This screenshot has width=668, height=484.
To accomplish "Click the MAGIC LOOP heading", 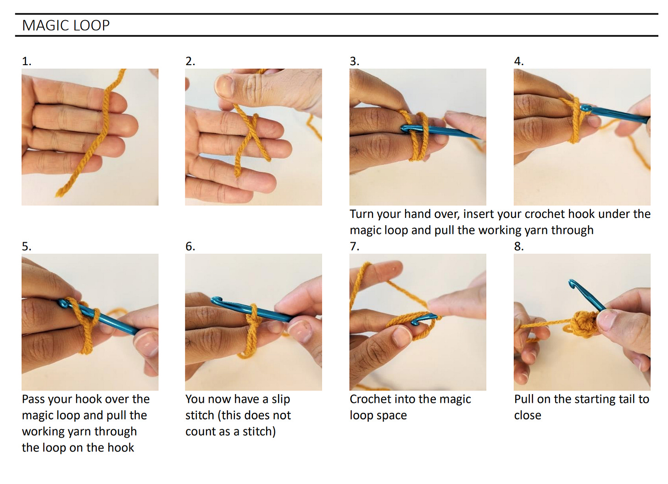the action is [x=66, y=25].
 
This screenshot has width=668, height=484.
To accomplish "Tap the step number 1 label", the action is [x=27, y=61].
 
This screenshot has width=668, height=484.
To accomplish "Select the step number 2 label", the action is [x=190, y=61].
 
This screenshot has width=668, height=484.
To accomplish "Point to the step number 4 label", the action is [x=519, y=61].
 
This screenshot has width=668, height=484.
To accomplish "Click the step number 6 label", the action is [x=190, y=247].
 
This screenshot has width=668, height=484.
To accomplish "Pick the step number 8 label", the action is [x=519, y=247].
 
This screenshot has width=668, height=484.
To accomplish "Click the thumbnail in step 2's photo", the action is [x=225, y=86].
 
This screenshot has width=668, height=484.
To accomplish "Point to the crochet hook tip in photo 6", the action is [x=216, y=300].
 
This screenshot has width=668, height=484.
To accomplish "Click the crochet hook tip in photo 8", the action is [x=572, y=284].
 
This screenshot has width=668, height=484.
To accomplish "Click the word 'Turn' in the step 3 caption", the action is [x=363, y=214].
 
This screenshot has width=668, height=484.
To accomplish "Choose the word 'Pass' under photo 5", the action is [x=33, y=400].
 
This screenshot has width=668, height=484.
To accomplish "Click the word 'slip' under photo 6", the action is [x=281, y=400].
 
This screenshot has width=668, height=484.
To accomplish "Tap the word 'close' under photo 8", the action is [x=528, y=416].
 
